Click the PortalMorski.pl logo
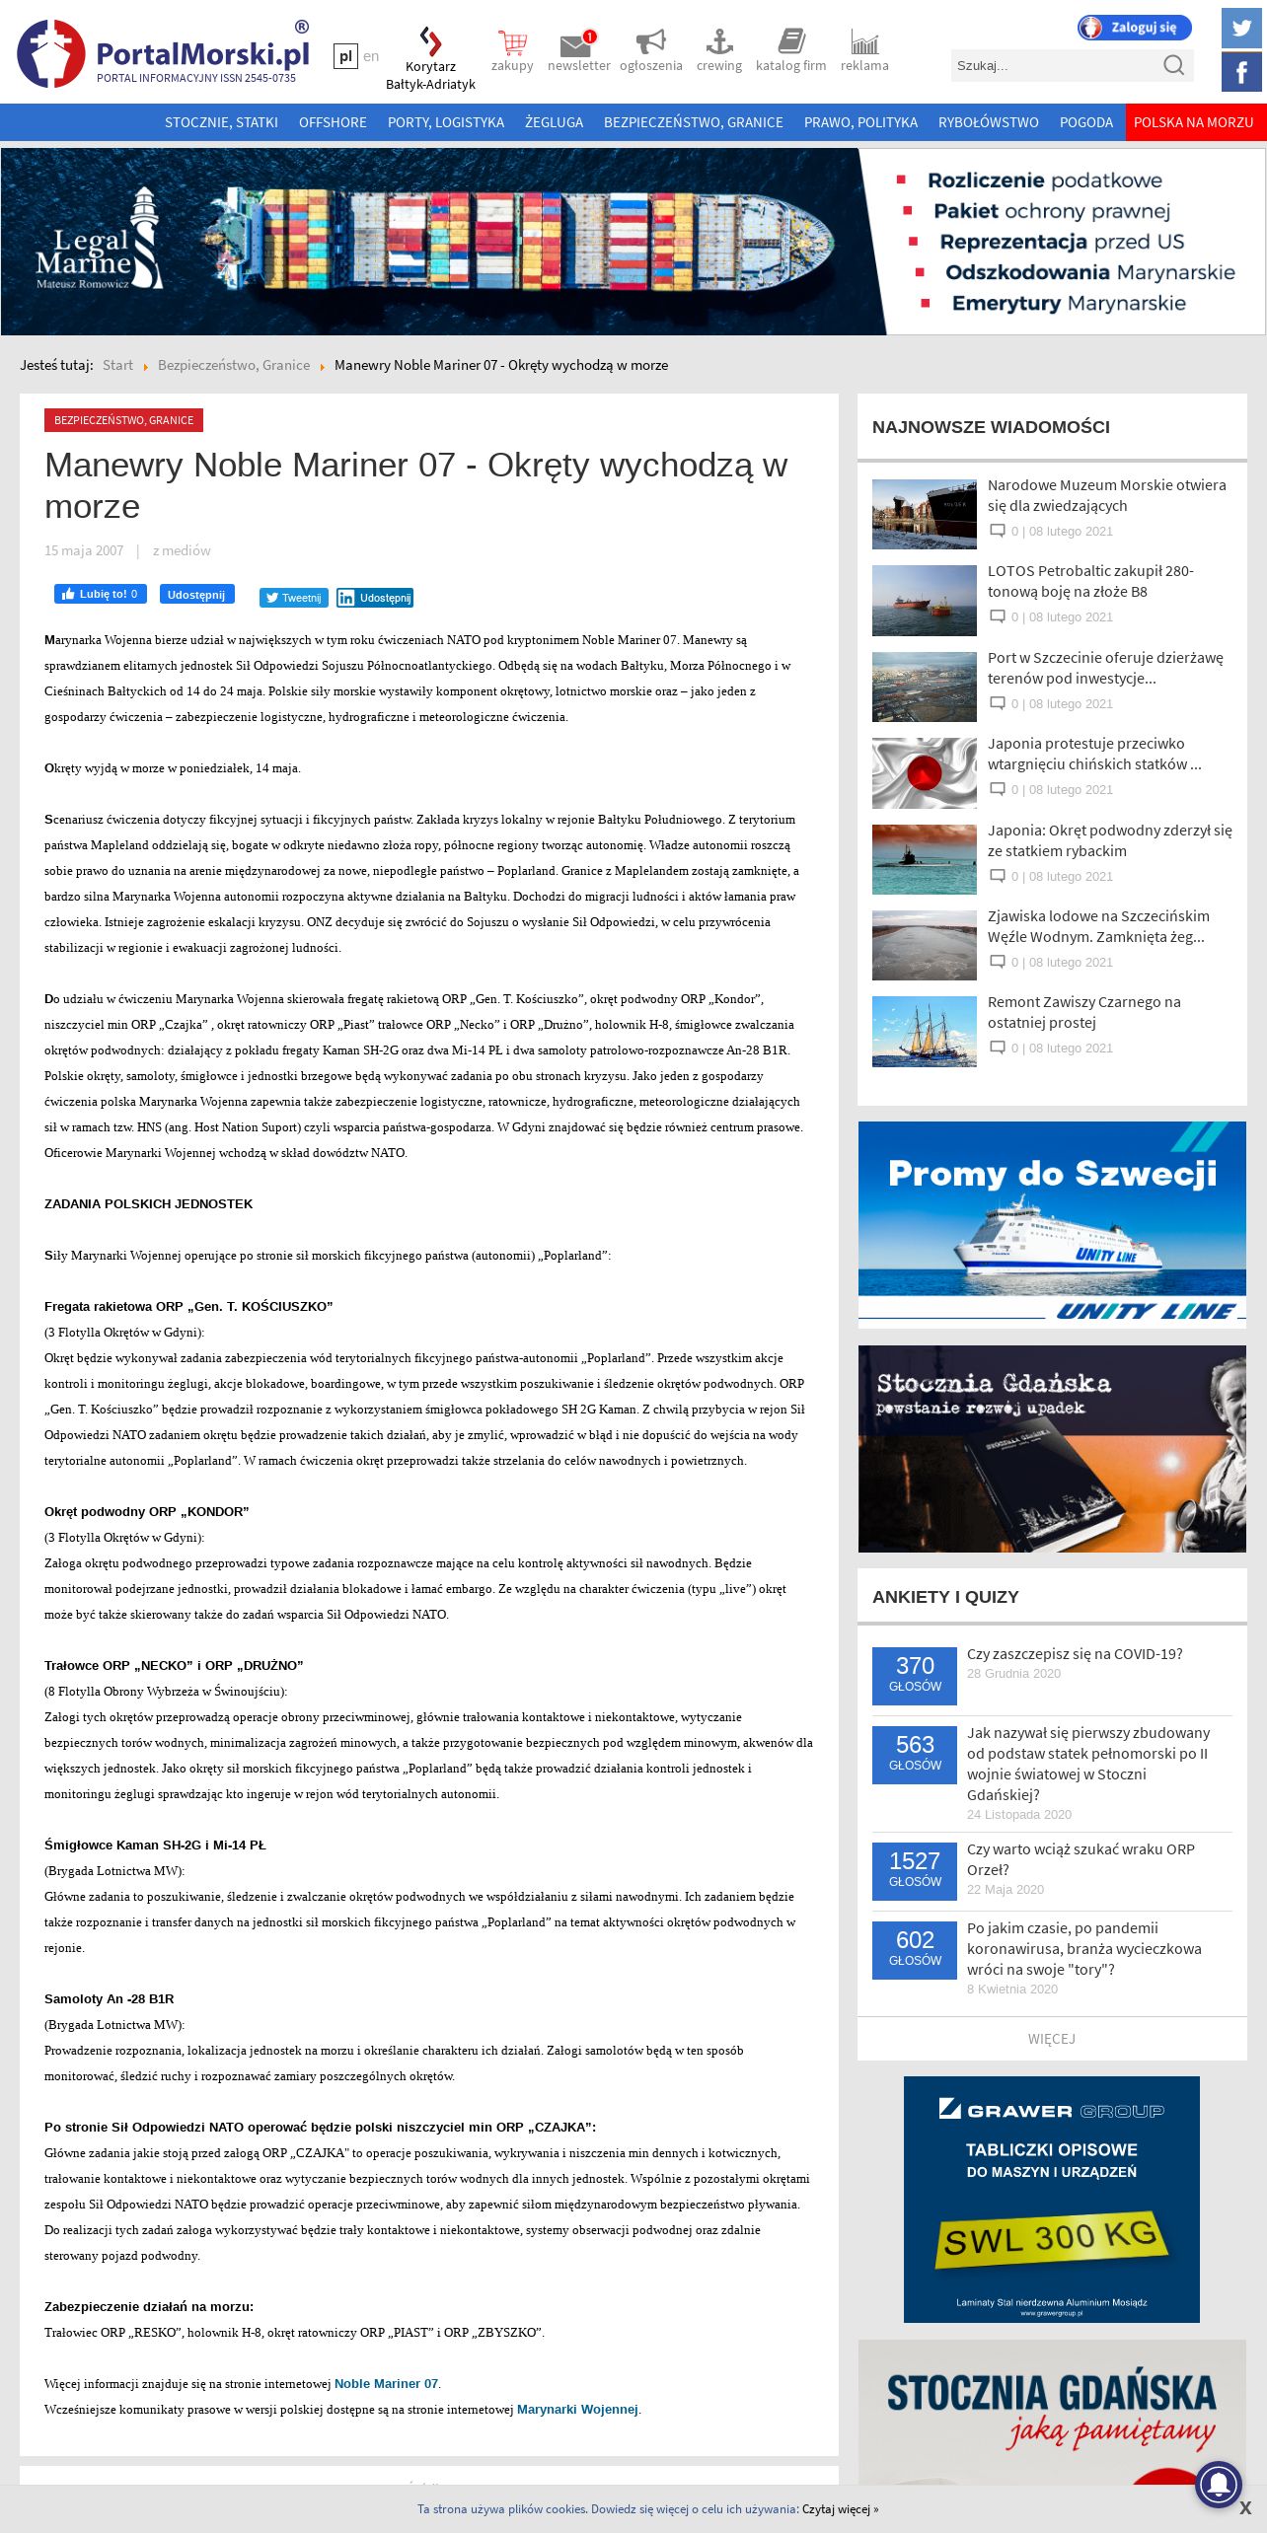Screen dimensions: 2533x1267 pyautogui.click(x=163, y=53)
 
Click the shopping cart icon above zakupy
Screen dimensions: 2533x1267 pyautogui.click(x=512, y=43)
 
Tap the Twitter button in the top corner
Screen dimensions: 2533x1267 pyautogui.click(x=1240, y=28)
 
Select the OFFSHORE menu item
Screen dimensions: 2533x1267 pyautogui.click(x=333, y=122)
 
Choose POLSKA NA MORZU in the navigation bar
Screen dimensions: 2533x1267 pyautogui.click(x=1193, y=122)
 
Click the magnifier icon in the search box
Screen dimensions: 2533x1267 pyautogui.click(x=1173, y=65)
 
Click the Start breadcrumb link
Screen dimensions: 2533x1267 pyautogui.click(x=117, y=365)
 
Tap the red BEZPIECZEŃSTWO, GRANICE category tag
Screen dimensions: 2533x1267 pyautogui.click(x=123, y=420)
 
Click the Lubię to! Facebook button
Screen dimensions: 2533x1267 pyautogui.click(x=100, y=594)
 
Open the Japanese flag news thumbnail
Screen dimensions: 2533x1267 pyautogui.click(x=924, y=772)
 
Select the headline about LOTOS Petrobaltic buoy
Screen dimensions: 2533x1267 pyautogui.click(x=1090, y=581)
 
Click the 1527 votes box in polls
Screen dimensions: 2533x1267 pyautogui.click(x=914, y=1869)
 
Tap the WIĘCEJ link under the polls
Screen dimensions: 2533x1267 pyautogui.click(x=1051, y=2039)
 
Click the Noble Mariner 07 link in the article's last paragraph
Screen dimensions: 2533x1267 pyautogui.click(x=386, y=2383)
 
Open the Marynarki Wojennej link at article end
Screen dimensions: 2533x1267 pyautogui.click(x=577, y=2409)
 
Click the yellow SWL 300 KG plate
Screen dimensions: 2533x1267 pyautogui.click(x=1051, y=2238)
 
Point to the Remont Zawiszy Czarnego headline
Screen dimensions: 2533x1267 pyautogui.click(x=1083, y=1012)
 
